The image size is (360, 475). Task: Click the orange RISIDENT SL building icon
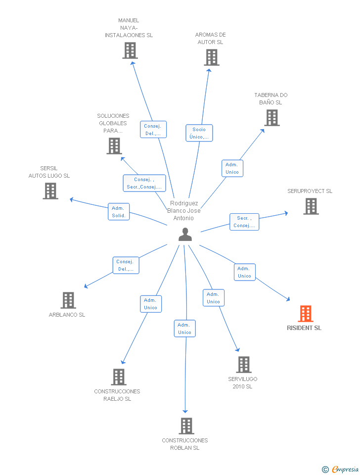point(305,314)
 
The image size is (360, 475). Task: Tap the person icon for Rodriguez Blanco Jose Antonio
point(185,235)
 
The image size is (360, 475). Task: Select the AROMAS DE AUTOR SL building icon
point(211,57)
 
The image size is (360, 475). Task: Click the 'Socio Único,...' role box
point(199,133)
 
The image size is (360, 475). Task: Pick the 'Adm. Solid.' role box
point(119,211)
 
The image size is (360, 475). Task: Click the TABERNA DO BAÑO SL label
point(270,99)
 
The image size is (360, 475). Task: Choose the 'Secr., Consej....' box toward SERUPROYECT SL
point(244,222)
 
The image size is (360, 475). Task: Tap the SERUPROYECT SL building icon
point(311,206)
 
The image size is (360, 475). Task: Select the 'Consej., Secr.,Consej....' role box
point(144,183)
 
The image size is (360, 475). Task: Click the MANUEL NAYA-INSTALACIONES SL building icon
point(130,50)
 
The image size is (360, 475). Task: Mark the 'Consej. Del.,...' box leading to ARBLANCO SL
point(126,265)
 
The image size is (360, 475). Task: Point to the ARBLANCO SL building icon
point(68,300)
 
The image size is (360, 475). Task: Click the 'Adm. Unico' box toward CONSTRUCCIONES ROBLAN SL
point(184,329)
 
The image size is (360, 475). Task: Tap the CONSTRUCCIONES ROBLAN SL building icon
point(186,426)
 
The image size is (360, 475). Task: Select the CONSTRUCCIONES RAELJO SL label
point(117,395)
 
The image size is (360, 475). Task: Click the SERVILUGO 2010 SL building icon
point(244,365)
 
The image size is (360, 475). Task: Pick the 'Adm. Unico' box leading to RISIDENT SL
point(245,272)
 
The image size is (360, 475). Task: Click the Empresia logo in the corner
point(340,469)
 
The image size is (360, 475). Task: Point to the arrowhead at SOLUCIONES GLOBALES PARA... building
point(123,159)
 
